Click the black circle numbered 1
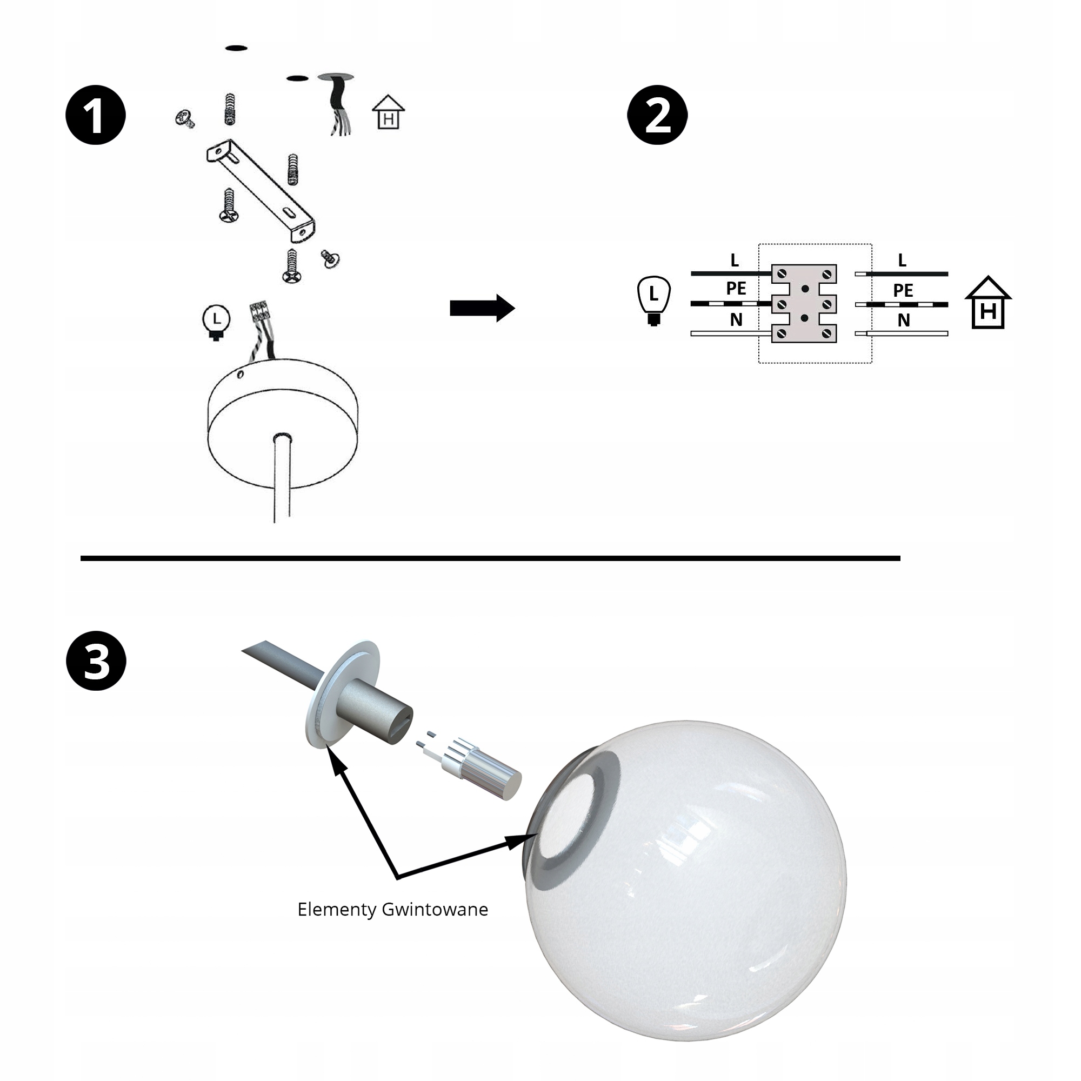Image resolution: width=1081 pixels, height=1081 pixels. tap(96, 115)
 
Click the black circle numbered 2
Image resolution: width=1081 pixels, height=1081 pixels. tap(657, 115)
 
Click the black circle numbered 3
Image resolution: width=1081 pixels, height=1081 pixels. tap(96, 661)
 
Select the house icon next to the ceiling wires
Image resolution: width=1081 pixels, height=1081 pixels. tap(388, 113)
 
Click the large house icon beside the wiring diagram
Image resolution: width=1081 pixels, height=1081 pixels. tap(987, 303)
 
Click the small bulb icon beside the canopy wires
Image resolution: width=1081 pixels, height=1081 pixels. tap(216, 322)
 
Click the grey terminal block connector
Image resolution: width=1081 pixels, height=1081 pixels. tap(804, 304)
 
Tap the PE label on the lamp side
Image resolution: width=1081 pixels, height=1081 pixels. tap(736, 289)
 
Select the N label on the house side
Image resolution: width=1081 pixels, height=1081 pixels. tap(903, 321)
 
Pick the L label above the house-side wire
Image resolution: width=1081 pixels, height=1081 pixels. tap(902, 260)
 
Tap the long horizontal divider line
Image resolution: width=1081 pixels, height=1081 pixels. tap(490, 558)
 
